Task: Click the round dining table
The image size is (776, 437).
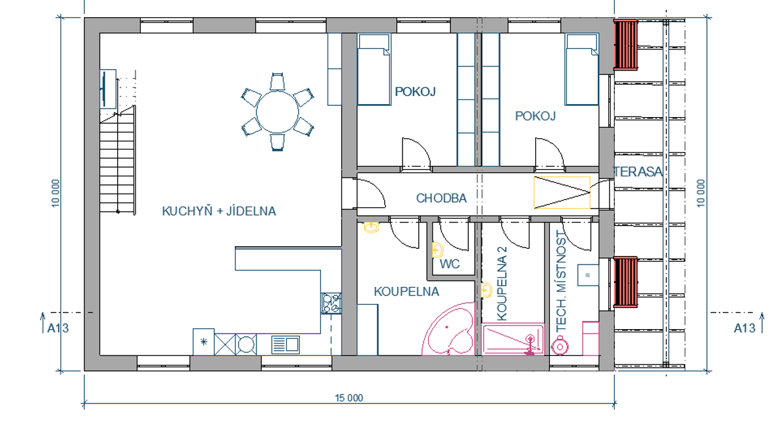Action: (277, 111)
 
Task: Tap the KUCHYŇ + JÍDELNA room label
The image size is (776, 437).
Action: (219, 211)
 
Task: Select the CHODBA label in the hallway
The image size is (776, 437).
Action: (441, 198)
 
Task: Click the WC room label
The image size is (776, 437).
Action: (449, 264)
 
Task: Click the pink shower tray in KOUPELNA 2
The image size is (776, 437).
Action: (513, 340)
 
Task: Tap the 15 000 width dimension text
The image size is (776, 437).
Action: (349, 398)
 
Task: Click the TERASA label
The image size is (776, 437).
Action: (638, 172)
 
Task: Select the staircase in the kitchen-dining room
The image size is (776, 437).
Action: (118, 159)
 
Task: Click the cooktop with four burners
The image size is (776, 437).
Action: (331, 303)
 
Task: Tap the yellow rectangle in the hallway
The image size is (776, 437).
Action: (562, 192)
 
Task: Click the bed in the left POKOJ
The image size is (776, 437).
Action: (374, 69)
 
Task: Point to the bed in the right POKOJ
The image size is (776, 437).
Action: (582, 69)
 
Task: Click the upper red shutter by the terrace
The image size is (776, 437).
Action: (625, 45)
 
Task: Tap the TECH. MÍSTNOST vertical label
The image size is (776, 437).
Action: (561, 281)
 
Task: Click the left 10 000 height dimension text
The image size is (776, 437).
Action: (55, 193)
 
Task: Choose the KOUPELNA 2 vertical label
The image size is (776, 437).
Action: (502, 284)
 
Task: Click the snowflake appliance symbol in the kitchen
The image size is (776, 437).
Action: (203, 342)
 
